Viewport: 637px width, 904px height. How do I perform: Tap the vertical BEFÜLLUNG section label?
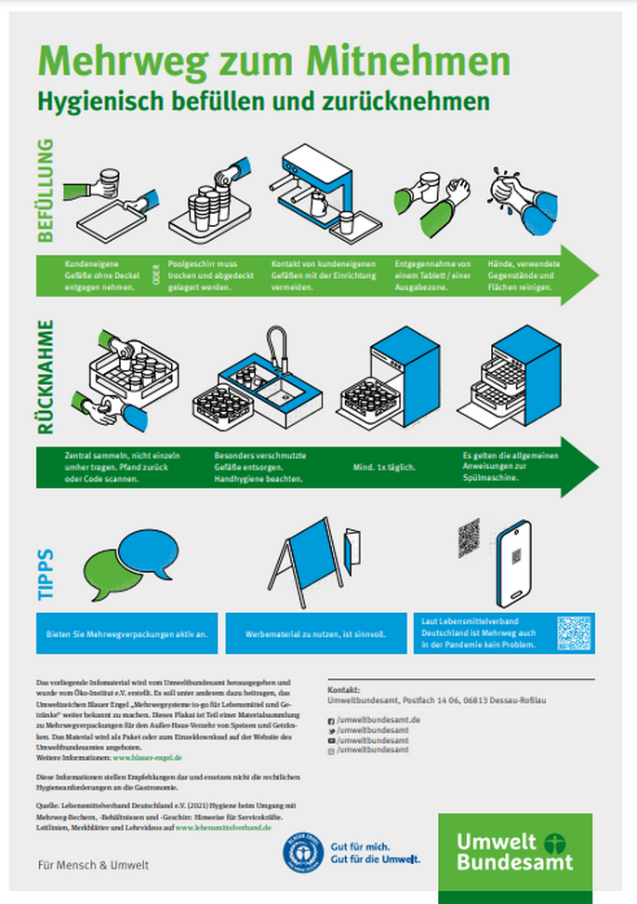[x=46, y=191]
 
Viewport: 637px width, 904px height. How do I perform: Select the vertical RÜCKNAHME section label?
[x=46, y=378]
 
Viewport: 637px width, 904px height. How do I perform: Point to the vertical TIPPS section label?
[x=46, y=574]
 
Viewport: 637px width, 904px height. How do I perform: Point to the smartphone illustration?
[x=513, y=564]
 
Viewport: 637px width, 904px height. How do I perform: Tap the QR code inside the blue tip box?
[x=573, y=632]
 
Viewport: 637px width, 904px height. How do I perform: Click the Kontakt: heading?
[x=343, y=690]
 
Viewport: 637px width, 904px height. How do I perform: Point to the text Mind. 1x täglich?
[x=383, y=466]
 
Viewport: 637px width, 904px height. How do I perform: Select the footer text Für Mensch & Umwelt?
[x=79, y=865]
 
